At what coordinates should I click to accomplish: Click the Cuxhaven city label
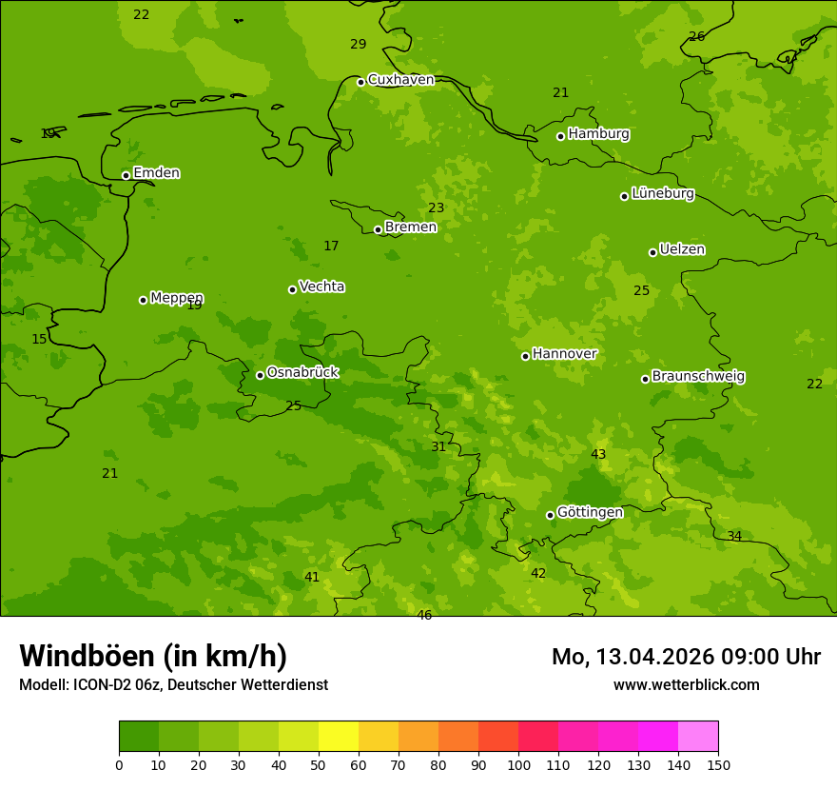400,80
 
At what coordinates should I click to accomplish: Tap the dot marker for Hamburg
561,136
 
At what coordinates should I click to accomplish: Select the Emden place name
156,173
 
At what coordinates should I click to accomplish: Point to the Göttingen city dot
550,515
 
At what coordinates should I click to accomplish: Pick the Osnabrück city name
302,373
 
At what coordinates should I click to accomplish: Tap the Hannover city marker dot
525,356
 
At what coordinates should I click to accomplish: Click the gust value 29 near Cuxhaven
358,45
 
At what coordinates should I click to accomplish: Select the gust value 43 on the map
598,455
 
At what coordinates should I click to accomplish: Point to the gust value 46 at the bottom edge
424,616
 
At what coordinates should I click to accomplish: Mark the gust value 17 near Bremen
331,247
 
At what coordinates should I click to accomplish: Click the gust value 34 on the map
734,537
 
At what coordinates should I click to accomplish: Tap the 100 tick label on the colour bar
518,764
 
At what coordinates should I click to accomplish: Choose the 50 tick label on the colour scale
319,764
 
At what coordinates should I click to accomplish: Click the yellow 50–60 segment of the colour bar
339,737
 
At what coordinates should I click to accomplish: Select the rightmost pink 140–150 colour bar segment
698,737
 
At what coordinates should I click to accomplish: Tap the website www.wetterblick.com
686,685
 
